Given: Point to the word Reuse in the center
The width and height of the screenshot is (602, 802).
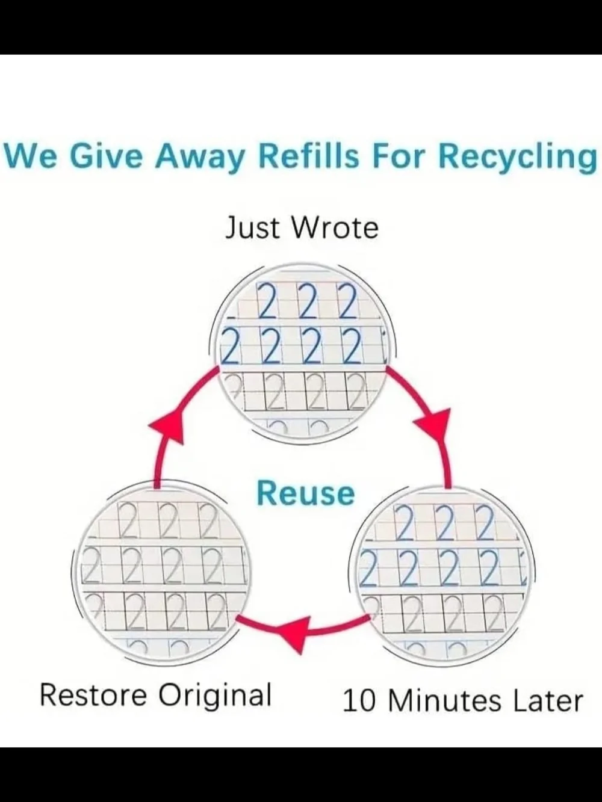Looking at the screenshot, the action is (x=306, y=493).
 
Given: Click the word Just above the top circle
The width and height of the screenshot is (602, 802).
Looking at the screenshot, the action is (x=252, y=227).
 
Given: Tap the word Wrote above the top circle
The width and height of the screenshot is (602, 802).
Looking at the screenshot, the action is (x=335, y=227).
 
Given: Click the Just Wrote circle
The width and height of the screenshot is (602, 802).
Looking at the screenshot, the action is (x=303, y=353).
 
